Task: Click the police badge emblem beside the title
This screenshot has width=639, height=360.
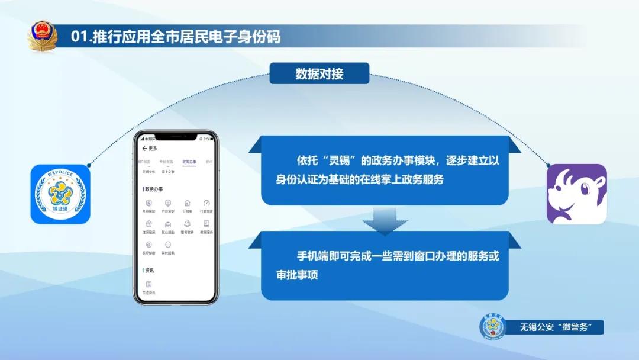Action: coord(43,36)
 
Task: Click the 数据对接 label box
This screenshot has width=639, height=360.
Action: coord(319,74)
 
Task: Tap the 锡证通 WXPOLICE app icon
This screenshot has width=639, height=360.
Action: coord(60,194)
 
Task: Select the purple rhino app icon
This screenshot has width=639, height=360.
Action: coord(576,194)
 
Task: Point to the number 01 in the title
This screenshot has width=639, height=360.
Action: coord(79,37)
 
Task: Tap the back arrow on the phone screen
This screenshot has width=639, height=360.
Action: coord(144,148)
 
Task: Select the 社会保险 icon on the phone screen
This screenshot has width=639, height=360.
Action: coord(149,203)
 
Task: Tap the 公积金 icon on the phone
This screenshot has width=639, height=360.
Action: coord(187,203)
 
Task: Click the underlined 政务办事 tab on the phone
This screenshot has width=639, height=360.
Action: coord(189,162)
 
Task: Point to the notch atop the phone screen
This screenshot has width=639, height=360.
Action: coord(175,137)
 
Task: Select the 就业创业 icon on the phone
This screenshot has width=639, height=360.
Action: coord(168,224)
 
